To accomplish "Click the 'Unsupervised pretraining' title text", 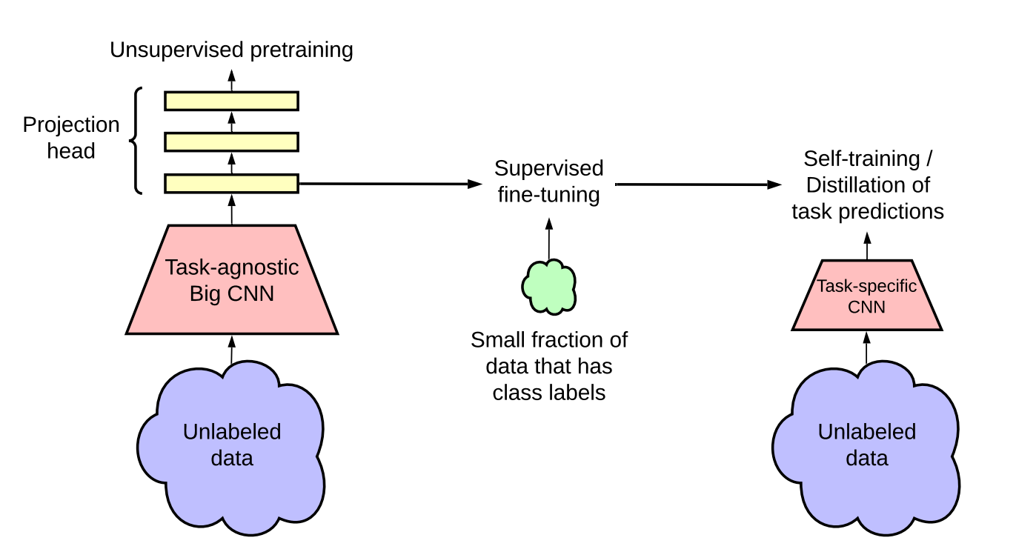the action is [231, 50].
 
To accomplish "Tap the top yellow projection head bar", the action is [231, 101].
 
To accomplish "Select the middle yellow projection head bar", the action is [231, 142].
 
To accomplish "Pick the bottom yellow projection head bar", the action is [231, 184].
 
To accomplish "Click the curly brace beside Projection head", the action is [135, 141].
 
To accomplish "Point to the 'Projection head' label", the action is [71, 137].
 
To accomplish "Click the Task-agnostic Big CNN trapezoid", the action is [232, 279].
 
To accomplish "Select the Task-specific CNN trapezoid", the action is [867, 295].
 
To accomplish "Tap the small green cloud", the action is [549, 287].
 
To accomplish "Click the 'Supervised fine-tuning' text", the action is [549, 181].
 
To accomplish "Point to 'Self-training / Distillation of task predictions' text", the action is [868, 185].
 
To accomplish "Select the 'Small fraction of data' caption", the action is [549, 366].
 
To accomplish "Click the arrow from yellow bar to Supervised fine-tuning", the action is [391, 184].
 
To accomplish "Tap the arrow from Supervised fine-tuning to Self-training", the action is [699, 184].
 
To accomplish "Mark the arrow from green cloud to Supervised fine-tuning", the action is [549, 239].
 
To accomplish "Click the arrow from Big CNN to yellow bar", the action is [232, 210].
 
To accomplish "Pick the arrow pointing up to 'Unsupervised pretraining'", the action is [232, 80].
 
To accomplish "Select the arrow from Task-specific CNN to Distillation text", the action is [867, 246].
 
